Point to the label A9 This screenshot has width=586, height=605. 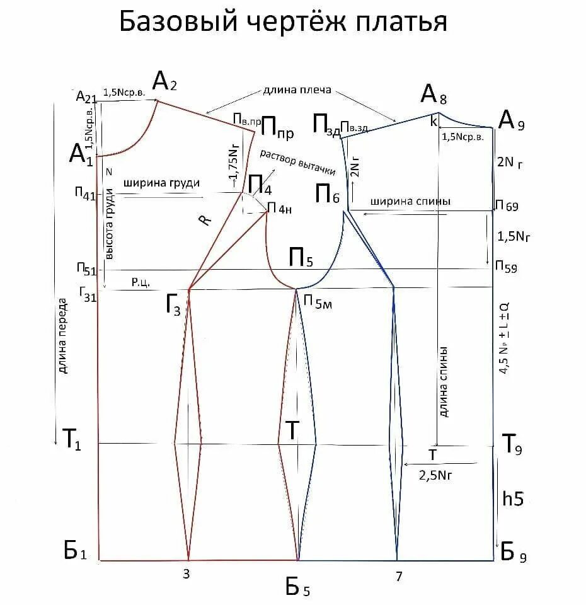pos(511,120)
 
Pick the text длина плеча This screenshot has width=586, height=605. pos(297,91)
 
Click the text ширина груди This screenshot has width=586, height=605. pos(162,183)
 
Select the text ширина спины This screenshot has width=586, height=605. pos(410,202)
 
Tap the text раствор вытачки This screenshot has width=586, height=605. pos(297,163)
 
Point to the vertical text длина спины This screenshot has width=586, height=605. pos(444,381)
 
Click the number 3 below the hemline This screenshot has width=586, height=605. pos(186,574)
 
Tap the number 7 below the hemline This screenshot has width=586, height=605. pos(399,575)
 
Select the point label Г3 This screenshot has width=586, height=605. pos(173,307)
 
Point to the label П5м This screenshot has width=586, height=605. pos(318,302)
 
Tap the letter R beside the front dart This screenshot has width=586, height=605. pos(204,220)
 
